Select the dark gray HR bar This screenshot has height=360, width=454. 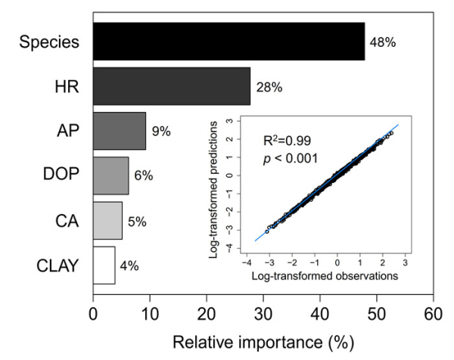171,86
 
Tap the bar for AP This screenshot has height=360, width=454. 119,131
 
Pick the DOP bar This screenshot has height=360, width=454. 110,175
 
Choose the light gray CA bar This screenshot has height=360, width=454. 107,220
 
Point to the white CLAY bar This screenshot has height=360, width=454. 104,265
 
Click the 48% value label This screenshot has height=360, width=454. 382,42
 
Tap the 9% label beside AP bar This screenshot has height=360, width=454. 160,132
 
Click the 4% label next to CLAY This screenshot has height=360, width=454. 129,265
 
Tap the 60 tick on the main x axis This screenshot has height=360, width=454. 433,311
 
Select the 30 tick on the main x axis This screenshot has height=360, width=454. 263,311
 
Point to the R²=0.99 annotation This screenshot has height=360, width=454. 286,141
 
